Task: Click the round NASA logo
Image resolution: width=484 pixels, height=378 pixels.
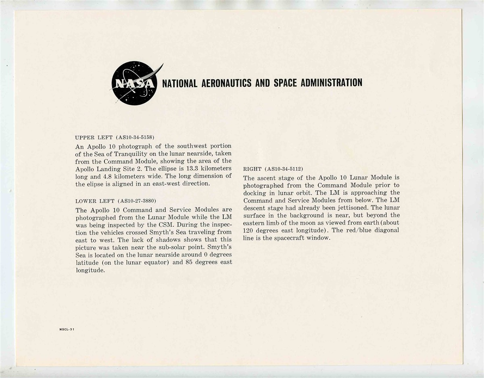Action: pyautogui.click(x=134, y=83)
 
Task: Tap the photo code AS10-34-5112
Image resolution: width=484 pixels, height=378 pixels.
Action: pyautogui.click(x=284, y=168)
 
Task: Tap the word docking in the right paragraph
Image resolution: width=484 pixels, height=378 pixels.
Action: pyautogui.click(x=255, y=193)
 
